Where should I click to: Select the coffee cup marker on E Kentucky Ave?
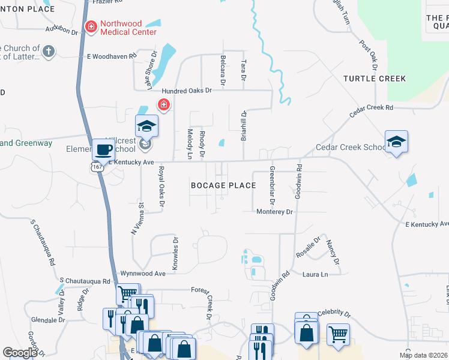104,150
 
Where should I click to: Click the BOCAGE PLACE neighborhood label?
223,185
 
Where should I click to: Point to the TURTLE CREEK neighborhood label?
375,79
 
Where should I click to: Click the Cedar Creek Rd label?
372,108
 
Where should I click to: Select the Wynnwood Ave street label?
143,273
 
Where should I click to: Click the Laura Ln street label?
315,274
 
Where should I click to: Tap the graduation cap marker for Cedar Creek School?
396,142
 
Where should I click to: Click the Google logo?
20,353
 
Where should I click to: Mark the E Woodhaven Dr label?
113,57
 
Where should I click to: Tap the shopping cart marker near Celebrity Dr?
338,334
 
